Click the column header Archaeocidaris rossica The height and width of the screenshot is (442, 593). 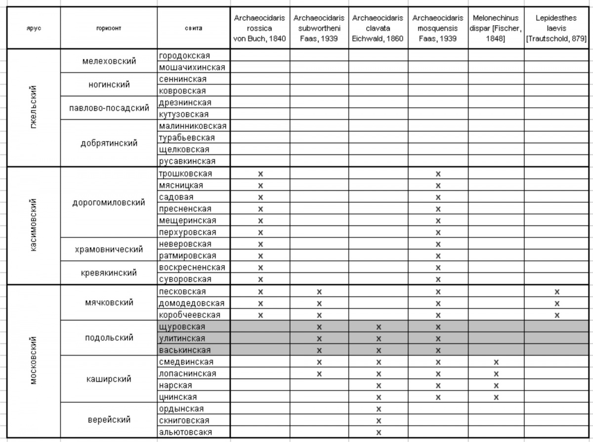pyautogui.click(x=260, y=28)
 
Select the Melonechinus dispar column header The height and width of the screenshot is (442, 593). pyautogui.click(x=496, y=28)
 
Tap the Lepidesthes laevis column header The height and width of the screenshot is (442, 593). pyautogui.click(x=556, y=28)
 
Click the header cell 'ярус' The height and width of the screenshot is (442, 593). pyautogui.click(x=34, y=28)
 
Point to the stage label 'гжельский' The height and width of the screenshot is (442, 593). pyautogui.click(x=34, y=108)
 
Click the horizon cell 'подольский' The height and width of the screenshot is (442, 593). pyautogui.click(x=109, y=338)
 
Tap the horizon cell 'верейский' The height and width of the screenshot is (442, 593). pyautogui.click(x=109, y=420)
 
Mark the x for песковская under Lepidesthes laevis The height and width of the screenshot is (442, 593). pyautogui.click(x=557, y=291)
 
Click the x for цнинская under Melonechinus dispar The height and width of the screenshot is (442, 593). pyautogui.click(x=496, y=397)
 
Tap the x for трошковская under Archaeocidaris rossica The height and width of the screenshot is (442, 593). pyautogui.click(x=260, y=174)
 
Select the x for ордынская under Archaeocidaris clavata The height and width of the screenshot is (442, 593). pyautogui.click(x=379, y=409)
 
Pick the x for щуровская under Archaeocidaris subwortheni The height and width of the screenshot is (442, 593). pyautogui.click(x=319, y=326)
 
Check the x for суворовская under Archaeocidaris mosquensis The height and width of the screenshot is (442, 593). pyautogui.click(x=438, y=280)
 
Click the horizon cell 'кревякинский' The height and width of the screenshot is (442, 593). pyautogui.click(x=109, y=273)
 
